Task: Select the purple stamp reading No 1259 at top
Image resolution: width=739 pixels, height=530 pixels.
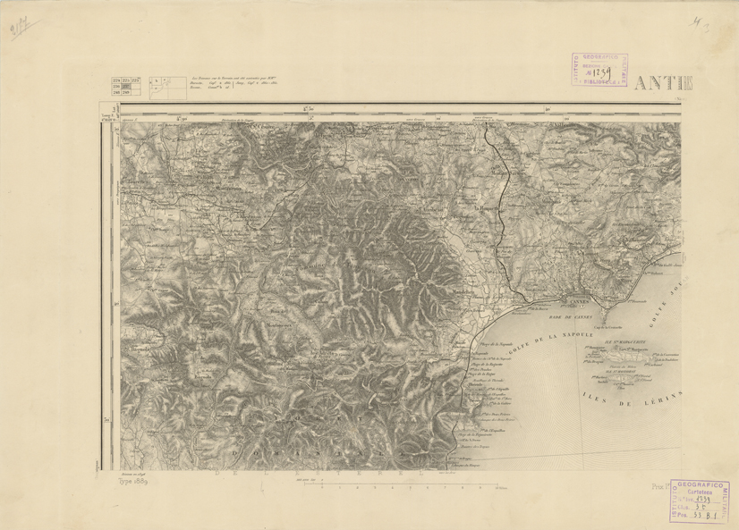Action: click(x=599, y=70)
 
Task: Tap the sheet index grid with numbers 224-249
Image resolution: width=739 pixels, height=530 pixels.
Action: click(x=120, y=86)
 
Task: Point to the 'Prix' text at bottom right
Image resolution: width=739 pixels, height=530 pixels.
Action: click(x=660, y=488)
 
